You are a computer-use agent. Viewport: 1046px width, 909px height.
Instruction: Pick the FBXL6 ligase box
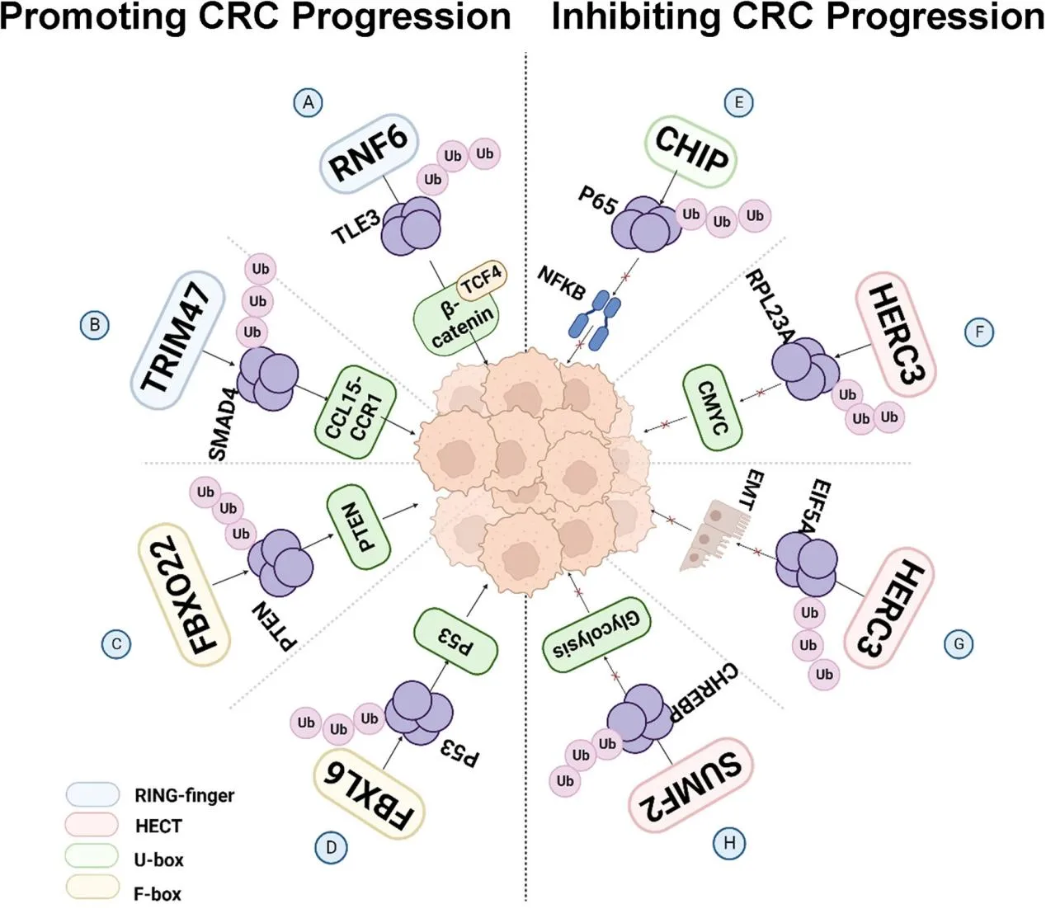click(368, 795)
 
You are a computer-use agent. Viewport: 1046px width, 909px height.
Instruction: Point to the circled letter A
click(308, 102)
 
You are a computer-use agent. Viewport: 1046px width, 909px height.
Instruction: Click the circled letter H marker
click(729, 843)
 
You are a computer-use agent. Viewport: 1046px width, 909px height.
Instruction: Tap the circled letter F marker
click(979, 332)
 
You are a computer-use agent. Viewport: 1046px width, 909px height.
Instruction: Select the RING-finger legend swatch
click(92, 794)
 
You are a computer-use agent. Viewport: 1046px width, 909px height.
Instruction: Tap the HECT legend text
click(158, 826)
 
